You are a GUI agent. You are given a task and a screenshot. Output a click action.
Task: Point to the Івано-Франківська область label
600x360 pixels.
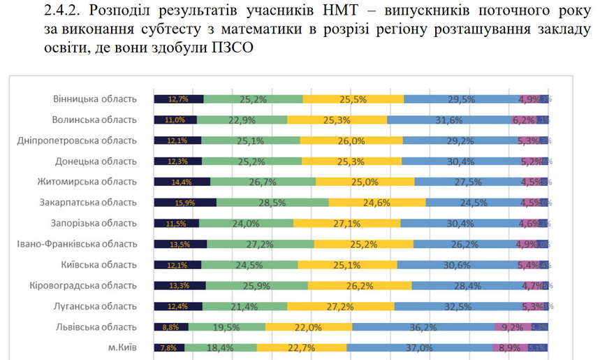click(77, 244)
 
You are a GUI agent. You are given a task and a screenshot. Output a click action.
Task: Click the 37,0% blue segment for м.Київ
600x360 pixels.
click(419, 347)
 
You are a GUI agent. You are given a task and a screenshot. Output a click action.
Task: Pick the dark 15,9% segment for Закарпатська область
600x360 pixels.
click(184, 203)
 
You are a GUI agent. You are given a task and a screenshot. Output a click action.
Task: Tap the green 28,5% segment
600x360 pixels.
click(272, 203)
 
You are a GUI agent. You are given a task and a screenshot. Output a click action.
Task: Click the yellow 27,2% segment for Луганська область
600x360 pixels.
click(340, 306)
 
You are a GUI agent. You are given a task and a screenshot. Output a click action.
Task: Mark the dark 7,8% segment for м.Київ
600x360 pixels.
click(169, 347)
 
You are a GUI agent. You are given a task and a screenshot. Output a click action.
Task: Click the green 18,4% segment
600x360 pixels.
click(221, 347)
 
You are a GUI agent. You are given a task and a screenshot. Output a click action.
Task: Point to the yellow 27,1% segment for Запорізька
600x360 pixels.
click(346, 224)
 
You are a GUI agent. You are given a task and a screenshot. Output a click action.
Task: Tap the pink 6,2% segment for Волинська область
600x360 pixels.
click(523, 120)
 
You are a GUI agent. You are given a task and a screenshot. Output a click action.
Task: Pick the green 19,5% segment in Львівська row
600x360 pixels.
click(226, 326)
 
